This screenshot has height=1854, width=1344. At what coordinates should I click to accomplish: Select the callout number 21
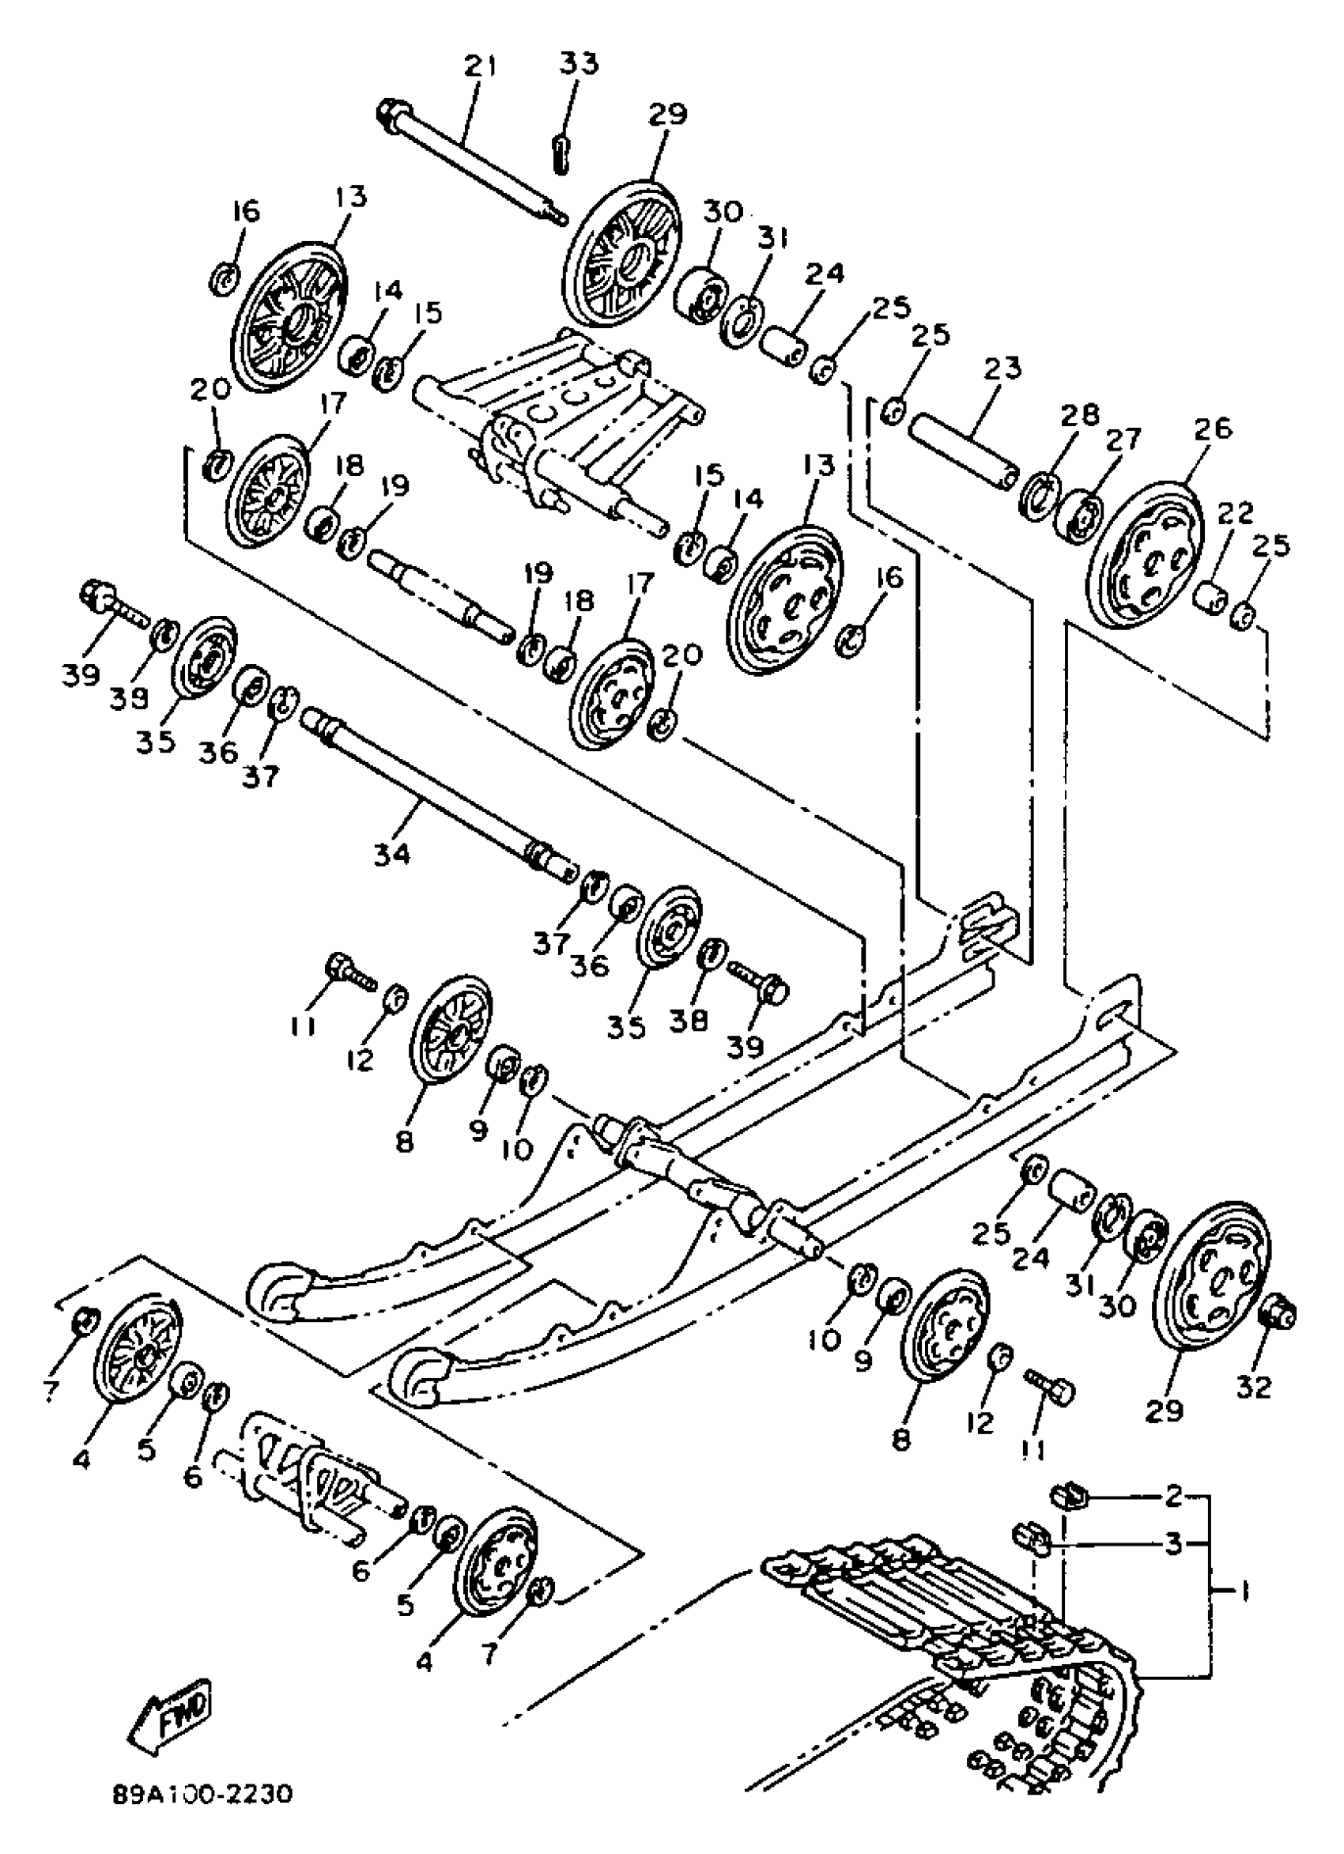click(480, 66)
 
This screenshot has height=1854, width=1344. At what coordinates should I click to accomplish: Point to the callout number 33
click(579, 63)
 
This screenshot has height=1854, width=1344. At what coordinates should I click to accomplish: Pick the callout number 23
click(1002, 368)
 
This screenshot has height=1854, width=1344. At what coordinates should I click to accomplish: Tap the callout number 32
click(1253, 1387)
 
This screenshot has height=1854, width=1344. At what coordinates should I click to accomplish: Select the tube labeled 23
click(965, 450)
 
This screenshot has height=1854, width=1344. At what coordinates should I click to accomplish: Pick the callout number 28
click(1079, 415)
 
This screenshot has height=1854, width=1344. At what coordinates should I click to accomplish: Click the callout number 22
click(1233, 513)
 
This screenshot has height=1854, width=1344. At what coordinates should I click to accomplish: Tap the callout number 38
click(689, 1020)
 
